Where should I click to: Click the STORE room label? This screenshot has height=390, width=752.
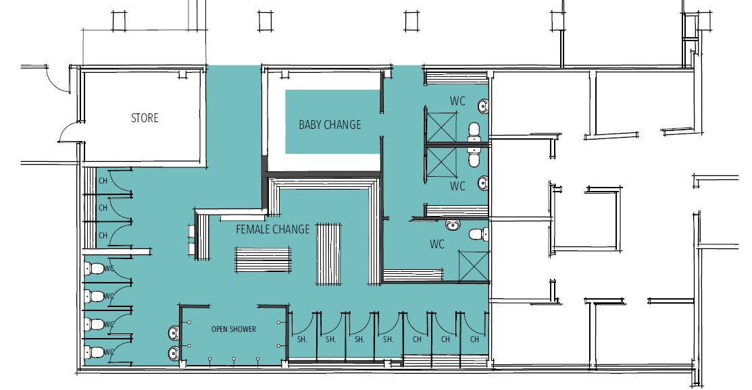coord(145,118)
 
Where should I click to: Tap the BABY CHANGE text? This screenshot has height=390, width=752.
coord(330,125)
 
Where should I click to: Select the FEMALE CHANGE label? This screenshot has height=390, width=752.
coord(273,229)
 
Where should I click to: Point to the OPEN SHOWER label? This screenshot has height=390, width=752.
coord(234,329)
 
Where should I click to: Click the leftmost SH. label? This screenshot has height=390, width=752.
coord(302,339)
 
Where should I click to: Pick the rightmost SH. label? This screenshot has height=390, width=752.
coord(388,339)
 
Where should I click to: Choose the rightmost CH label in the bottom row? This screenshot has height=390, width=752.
coord(474,339)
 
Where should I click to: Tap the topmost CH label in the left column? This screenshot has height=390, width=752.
coord(103,181)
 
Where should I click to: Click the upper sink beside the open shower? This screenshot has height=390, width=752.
coord(174,332)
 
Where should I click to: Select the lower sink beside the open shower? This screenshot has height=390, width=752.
coord(174,354)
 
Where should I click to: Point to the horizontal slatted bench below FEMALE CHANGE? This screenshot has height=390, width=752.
coord(263,260)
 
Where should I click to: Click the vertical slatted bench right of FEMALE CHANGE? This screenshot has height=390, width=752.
coord(328,254)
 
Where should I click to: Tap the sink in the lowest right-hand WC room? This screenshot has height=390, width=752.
coord(453,225)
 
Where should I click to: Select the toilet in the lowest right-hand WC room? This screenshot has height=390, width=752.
coord(478,235)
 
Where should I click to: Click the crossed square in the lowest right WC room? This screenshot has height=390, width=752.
coord(474,266)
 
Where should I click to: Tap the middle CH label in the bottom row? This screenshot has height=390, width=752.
coord(445,339)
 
